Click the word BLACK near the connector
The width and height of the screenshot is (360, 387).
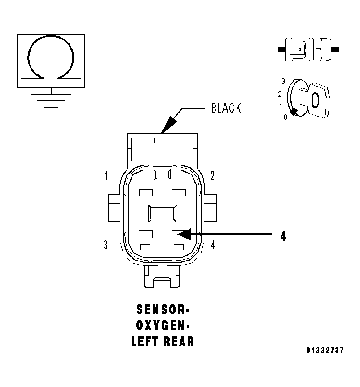pyautogui.click(x=226, y=108)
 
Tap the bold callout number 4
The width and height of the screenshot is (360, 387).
pyautogui.click(x=283, y=236)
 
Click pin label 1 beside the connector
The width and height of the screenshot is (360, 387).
pyautogui.click(x=106, y=175)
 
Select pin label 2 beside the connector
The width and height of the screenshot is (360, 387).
pyautogui.click(x=212, y=175)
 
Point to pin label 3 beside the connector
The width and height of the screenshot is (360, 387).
pyautogui.click(x=105, y=245)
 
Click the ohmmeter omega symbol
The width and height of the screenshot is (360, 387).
pyautogui.click(x=51, y=58)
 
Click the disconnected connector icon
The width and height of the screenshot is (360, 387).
pyautogui.click(x=308, y=48)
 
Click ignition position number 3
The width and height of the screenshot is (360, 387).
pyautogui.click(x=283, y=82)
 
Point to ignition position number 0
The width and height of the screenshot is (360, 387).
pyautogui.click(x=285, y=117)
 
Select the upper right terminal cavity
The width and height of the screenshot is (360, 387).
pyautogui.click(x=179, y=193)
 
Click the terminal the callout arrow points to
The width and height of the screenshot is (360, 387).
pyautogui.click(x=178, y=234)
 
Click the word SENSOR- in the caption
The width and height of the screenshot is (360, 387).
pyautogui.click(x=162, y=310)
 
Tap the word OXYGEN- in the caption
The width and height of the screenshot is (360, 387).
pyautogui.click(x=162, y=326)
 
